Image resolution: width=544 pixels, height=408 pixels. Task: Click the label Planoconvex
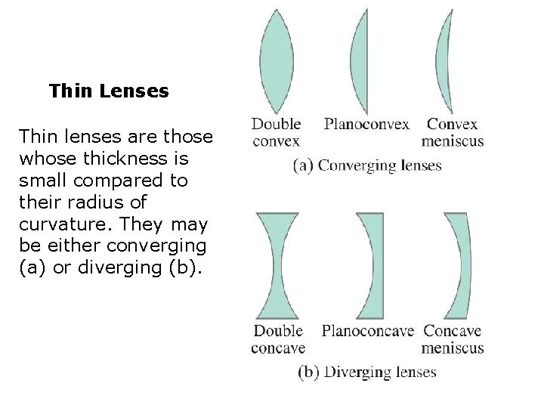[x=367, y=123]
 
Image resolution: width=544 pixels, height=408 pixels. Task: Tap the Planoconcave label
[x=368, y=330]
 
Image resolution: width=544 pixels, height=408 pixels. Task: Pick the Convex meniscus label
[x=453, y=131]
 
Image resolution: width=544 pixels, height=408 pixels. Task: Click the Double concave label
[x=278, y=338]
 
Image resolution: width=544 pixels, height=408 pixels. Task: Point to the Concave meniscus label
[x=453, y=338]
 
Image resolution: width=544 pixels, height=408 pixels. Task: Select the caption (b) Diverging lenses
[x=367, y=372]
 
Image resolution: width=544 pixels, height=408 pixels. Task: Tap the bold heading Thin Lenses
[x=109, y=92]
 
